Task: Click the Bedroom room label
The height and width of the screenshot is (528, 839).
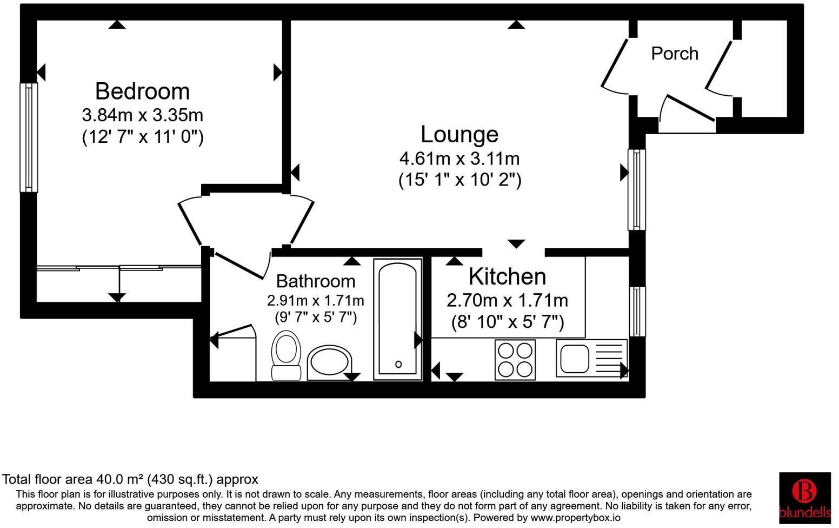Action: (x=142, y=91)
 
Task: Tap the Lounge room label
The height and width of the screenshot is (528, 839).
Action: (x=460, y=134)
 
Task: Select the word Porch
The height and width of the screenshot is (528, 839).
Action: (x=675, y=54)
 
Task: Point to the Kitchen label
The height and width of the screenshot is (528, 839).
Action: (x=507, y=276)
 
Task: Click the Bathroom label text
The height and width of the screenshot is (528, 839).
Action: (x=316, y=281)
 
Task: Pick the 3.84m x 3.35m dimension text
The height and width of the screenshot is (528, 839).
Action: (x=143, y=115)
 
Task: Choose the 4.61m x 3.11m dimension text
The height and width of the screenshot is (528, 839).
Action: (x=460, y=159)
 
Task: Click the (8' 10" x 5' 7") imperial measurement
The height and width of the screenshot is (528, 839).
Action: (x=508, y=322)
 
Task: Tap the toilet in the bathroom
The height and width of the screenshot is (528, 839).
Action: (x=287, y=354)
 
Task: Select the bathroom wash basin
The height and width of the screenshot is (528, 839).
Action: (x=329, y=361)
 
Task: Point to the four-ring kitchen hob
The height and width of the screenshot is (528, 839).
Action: (x=515, y=360)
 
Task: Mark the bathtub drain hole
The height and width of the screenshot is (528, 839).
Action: (x=398, y=364)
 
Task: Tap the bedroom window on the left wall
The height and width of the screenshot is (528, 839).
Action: (x=29, y=137)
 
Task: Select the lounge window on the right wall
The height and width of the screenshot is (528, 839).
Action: (x=636, y=189)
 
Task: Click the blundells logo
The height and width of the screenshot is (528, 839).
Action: (x=804, y=497)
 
